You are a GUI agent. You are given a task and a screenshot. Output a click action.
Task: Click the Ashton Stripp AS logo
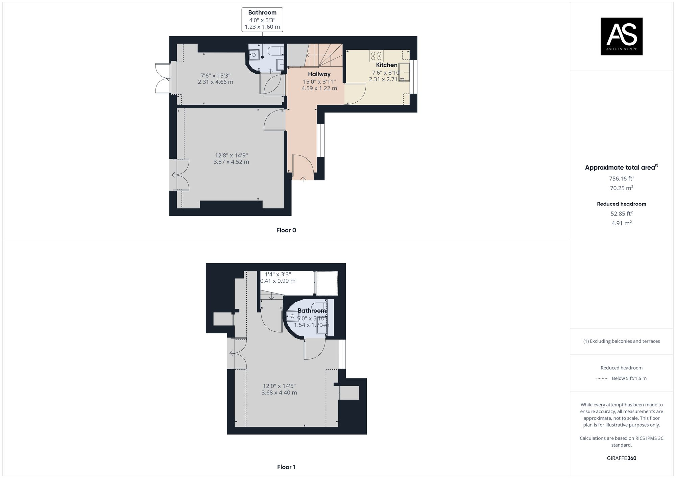(x=621, y=36)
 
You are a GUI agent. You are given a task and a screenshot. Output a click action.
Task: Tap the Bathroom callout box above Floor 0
(x=262, y=20)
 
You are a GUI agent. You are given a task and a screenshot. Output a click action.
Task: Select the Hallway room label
(x=319, y=74)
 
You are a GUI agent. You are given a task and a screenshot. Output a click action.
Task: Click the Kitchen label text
(x=387, y=65)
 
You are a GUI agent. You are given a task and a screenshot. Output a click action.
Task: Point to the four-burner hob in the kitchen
(x=376, y=56)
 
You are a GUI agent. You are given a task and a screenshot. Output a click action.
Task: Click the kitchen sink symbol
(x=404, y=72)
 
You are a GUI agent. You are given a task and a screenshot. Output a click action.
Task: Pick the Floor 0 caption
(x=286, y=230)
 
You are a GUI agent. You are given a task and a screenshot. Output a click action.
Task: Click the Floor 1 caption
(x=286, y=467)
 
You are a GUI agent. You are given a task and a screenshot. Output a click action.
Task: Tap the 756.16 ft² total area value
(x=621, y=178)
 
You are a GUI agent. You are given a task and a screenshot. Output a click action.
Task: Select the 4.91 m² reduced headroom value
(x=621, y=223)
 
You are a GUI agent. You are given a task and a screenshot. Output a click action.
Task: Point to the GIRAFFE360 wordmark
(x=621, y=458)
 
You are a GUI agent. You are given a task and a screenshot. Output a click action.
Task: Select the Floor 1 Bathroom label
(x=312, y=311)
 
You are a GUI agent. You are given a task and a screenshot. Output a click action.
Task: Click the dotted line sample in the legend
(x=602, y=378)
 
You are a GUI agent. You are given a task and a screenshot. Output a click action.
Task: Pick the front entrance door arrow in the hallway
(x=303, y=179)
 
